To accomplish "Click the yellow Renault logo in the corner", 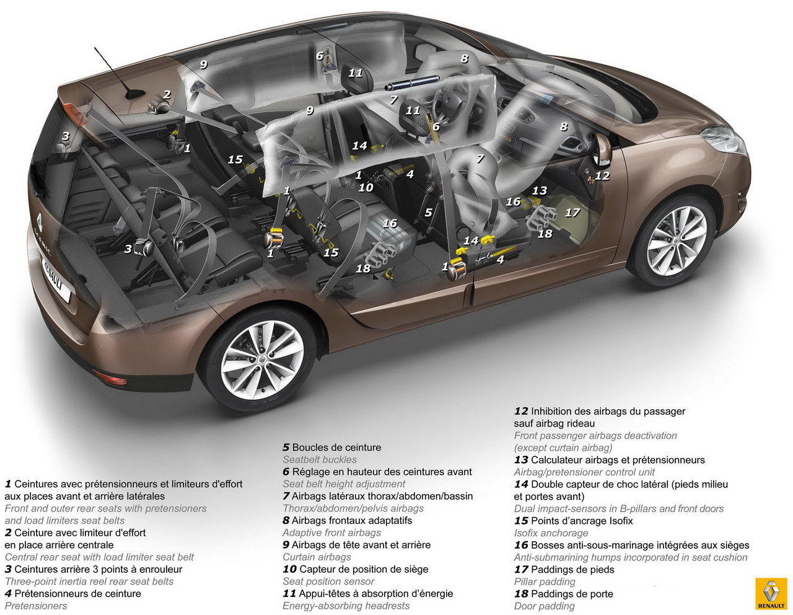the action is coord(771,593).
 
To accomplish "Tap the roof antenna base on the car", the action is coord(134,94).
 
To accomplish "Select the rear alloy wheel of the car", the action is coord(263,361).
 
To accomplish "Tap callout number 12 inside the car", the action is coord(602,176).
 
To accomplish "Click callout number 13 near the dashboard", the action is coord(540,190).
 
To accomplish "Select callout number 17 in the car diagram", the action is coord(572,213).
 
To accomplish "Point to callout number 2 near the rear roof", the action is coord(167,95).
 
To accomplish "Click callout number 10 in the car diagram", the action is coord(366,188).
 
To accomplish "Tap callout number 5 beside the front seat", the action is coord(429,212).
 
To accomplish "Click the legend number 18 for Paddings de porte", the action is coord(521,594).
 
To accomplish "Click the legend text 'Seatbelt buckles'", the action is coord(319,459).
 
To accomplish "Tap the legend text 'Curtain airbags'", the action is coord(317,557).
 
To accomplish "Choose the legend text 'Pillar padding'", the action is coord(545,582).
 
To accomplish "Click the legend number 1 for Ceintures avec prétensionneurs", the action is coord(8,484).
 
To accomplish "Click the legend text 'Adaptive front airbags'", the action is coord(331,533).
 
